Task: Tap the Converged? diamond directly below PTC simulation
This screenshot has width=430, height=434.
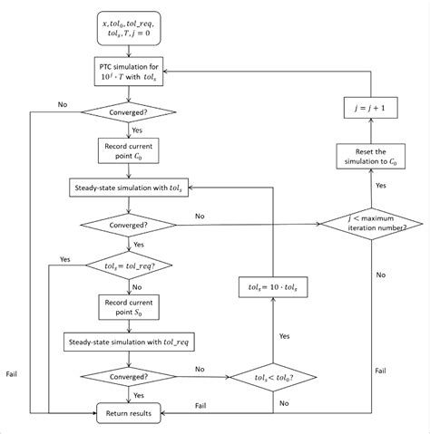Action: point(128,112)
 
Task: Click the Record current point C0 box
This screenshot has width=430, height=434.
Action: point(128,149)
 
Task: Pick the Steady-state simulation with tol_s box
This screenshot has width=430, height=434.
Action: point(128,188)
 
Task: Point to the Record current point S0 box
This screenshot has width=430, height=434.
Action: point(128,304)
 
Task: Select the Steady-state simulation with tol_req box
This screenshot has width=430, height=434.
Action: point(128,342)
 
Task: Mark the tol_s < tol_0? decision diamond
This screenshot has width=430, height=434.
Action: point(274,376)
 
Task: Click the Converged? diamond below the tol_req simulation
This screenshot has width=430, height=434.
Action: point(128,376)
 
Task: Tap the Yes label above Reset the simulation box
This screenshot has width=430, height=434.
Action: point(380,184)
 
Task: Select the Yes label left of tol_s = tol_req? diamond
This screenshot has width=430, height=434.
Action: point(65,259)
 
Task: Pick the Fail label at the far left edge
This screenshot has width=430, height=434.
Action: point(11,372)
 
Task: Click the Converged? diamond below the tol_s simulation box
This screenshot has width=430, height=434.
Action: point(128,225)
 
